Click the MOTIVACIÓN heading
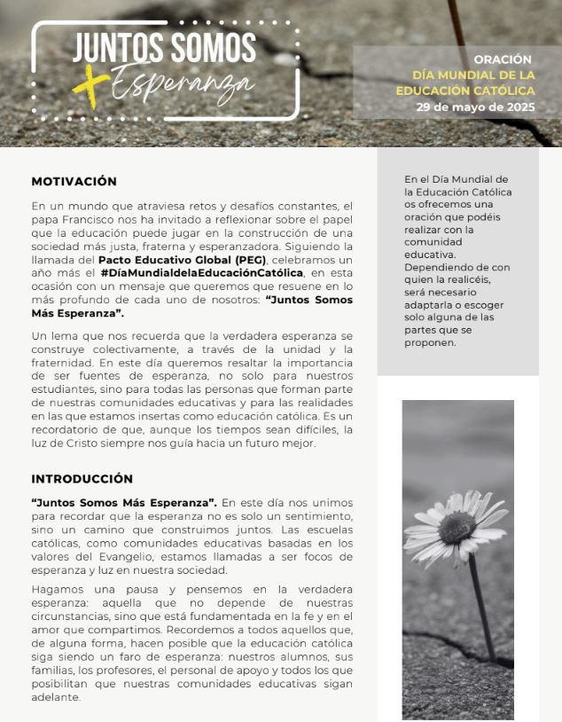74,181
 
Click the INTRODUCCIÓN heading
82,479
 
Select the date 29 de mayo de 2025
476,106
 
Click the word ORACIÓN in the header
503,59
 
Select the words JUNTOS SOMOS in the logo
164,49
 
